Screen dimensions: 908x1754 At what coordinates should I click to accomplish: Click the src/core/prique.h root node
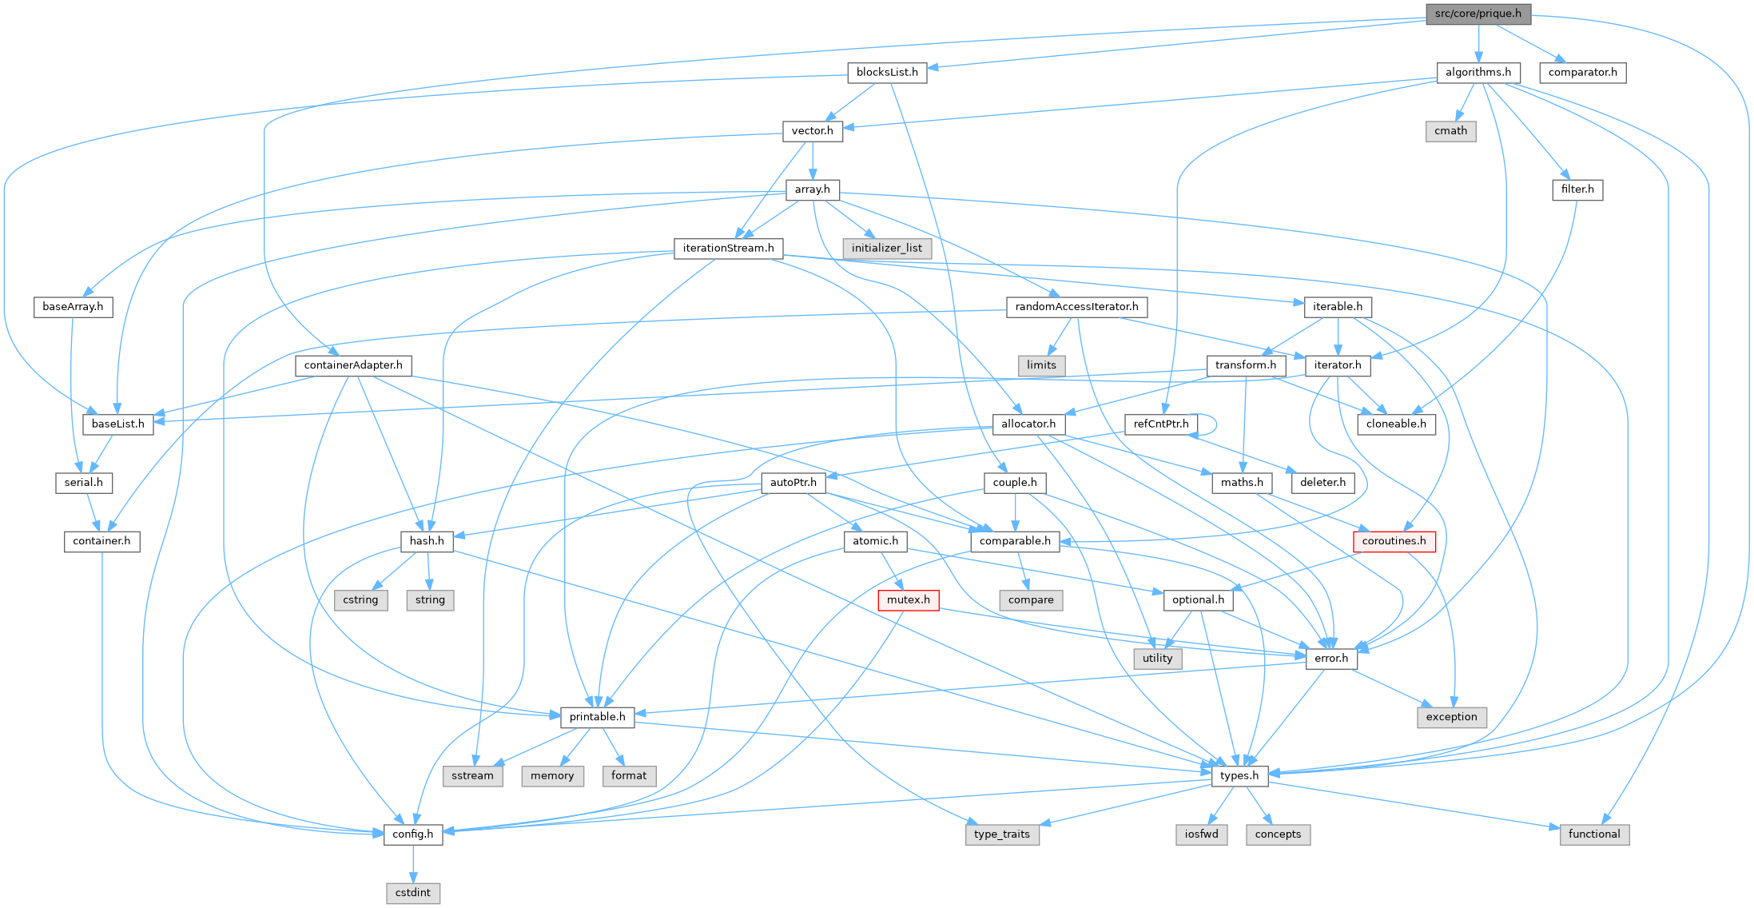tap(1478, 14)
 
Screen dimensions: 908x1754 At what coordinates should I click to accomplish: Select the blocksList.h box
tap(887, 73)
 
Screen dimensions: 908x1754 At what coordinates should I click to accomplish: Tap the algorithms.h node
tap(1478, 73)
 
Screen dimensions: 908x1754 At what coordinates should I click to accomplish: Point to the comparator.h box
tap(1582, 73)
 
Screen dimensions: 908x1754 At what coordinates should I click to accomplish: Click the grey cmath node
tap(1450, 131)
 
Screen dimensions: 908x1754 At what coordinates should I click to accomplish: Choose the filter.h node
tap(1577, 189)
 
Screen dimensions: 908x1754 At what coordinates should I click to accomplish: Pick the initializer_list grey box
tap(886, 249)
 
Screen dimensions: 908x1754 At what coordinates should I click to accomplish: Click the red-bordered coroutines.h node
tap(1394, 541)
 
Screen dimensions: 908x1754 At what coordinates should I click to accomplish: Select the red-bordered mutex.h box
tap(908, 599)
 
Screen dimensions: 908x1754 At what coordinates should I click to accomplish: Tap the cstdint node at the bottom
tap(413, 892)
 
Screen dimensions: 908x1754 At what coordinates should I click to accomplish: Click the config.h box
tap(413, 834)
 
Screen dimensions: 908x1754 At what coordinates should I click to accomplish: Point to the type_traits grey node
tap(1002, 834)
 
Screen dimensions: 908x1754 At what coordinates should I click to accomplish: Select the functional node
tap(1593, 834)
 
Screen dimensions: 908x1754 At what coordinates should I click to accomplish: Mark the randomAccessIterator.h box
tap(1076, 307)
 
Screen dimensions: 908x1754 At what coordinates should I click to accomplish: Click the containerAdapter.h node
tap(353, 365)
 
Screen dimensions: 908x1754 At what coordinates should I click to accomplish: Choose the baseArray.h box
tap(73, 307)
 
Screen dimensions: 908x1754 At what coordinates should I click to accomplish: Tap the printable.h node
tap(597, 717)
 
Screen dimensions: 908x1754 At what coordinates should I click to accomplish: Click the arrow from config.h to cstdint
tap(413, 863)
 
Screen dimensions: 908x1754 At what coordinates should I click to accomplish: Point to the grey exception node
tap(1451, 717)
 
